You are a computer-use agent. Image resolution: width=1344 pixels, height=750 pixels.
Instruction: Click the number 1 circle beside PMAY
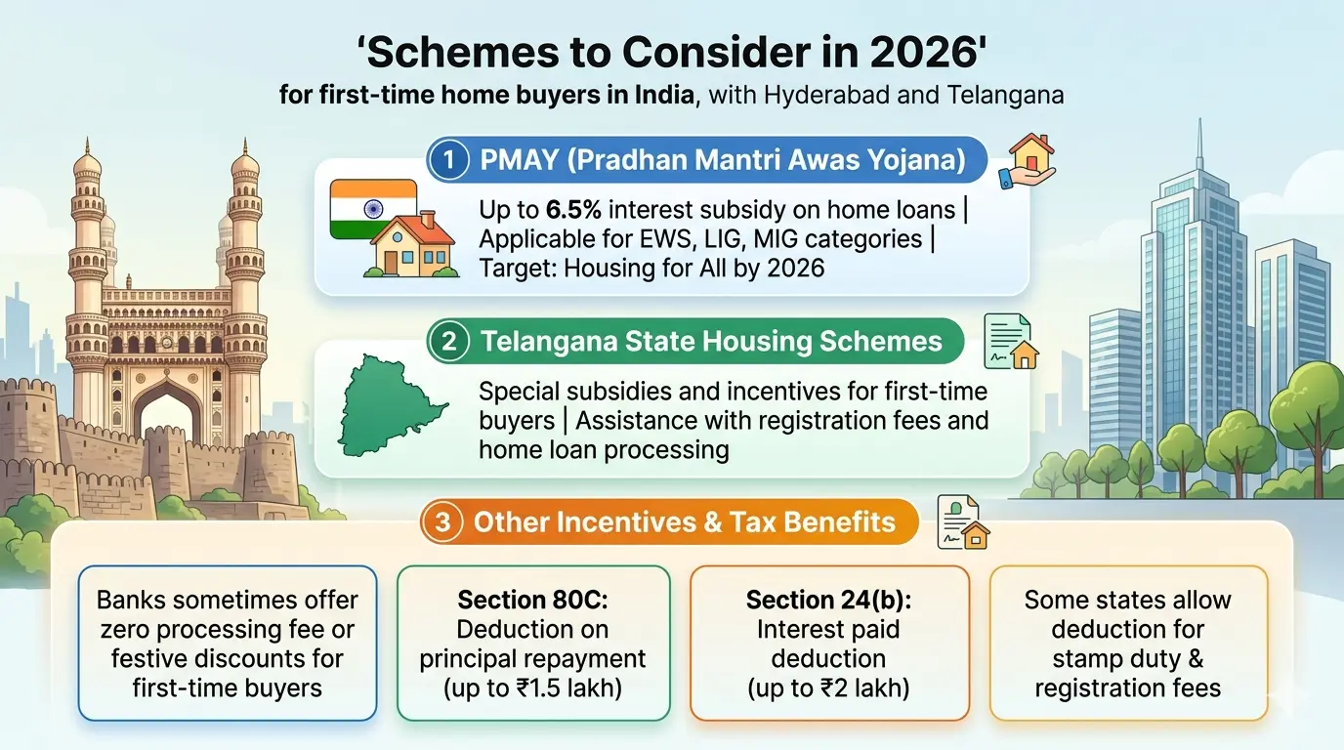click(x=448, y=160)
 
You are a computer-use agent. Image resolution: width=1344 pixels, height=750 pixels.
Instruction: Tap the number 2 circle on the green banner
click(x=448, y=342)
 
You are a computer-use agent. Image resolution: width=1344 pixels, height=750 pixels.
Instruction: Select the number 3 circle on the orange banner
click(x=443, y=521)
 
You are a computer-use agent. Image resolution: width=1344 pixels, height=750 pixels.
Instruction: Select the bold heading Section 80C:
click(x=532, y=600)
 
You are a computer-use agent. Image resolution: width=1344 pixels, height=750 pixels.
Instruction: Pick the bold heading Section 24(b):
click(x=828, y=600)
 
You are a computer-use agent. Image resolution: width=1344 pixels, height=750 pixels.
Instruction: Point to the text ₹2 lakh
click(x=853, y=687)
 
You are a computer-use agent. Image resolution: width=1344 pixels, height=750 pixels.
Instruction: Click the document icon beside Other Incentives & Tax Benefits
click(x=962, y=521)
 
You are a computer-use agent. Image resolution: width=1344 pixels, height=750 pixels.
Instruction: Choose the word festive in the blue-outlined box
click(x=155, y=658)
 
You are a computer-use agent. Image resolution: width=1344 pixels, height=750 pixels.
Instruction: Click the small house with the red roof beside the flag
click(x=410, y=243)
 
